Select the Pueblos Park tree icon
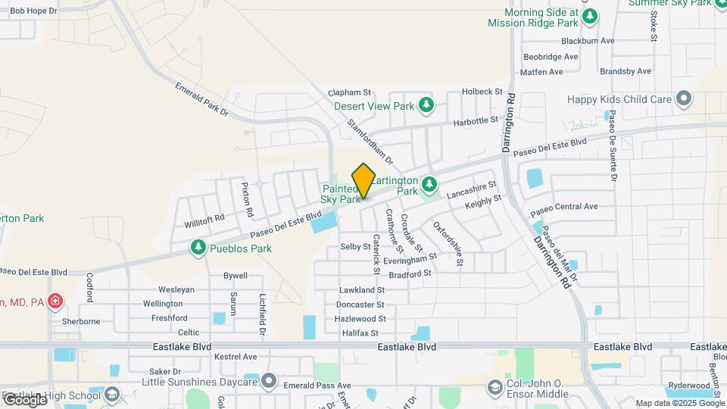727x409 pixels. tap(198, 248)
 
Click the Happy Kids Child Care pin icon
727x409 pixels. tap(684, 99)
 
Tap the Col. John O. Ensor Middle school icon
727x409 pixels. tap(495, 388)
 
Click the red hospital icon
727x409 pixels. tap(55, 302)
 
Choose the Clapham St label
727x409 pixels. tap(352, 92)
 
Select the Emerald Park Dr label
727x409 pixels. tap(202, 99)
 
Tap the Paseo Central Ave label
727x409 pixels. tap(564, 206)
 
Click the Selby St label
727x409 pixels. tap(354, 247)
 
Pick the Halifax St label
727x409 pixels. tap(360, 333)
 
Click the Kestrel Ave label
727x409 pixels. tap(236, 356)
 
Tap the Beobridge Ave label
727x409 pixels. tap(551, 57)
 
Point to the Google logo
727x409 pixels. tap(25, 399)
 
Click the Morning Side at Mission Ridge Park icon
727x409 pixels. tap(590, 16)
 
